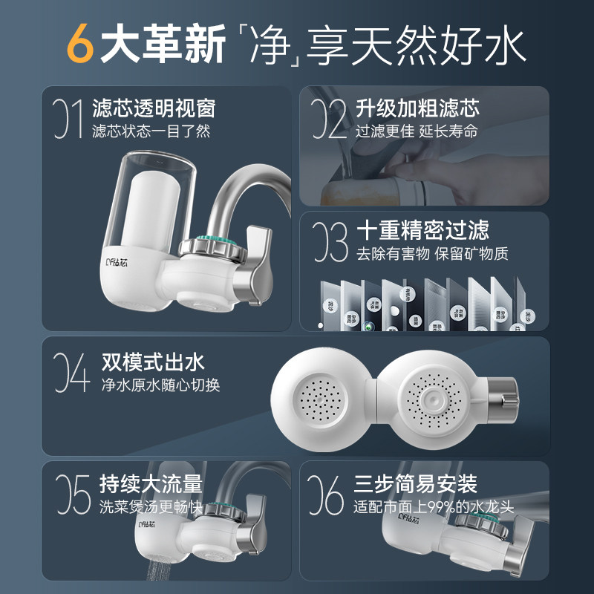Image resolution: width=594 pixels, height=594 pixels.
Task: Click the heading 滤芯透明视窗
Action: (153, 109)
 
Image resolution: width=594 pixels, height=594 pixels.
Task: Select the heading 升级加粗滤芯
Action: (417, 108)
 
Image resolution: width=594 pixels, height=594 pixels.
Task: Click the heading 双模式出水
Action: (153, 362)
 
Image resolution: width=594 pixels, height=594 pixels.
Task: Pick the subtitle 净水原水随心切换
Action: (160, 385)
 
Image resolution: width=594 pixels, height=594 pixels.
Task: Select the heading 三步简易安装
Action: (415, 484)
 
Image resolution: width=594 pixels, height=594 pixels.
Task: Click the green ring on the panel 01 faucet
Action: (213, 246)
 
